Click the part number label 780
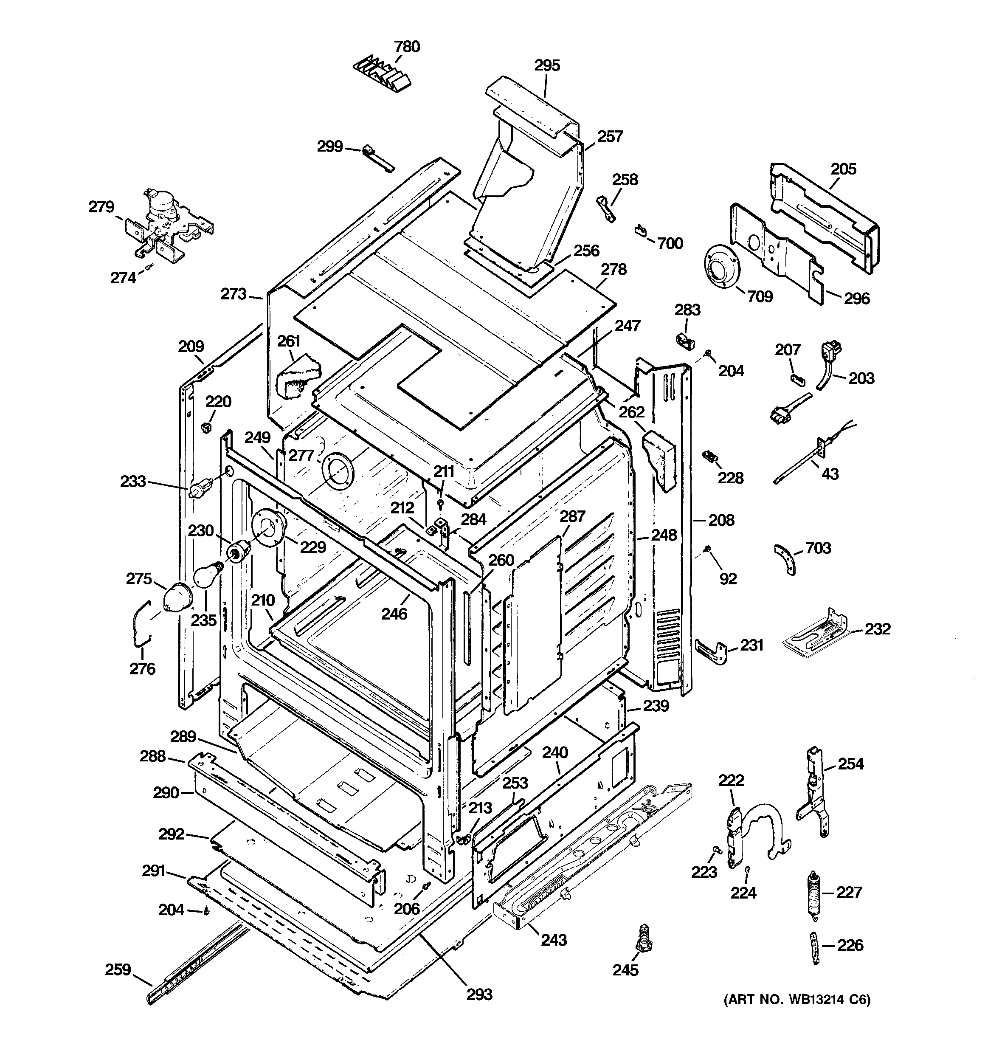coord(407,47)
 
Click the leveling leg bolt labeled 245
coord(644,938)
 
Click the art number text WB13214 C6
coord(790,1000)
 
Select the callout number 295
coord(547,65)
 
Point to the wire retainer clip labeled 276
coord(140,624)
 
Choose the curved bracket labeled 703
coord(786,559)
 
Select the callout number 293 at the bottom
coord(479,995)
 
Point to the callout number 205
coord(843,169)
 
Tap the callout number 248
coord(664,535)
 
